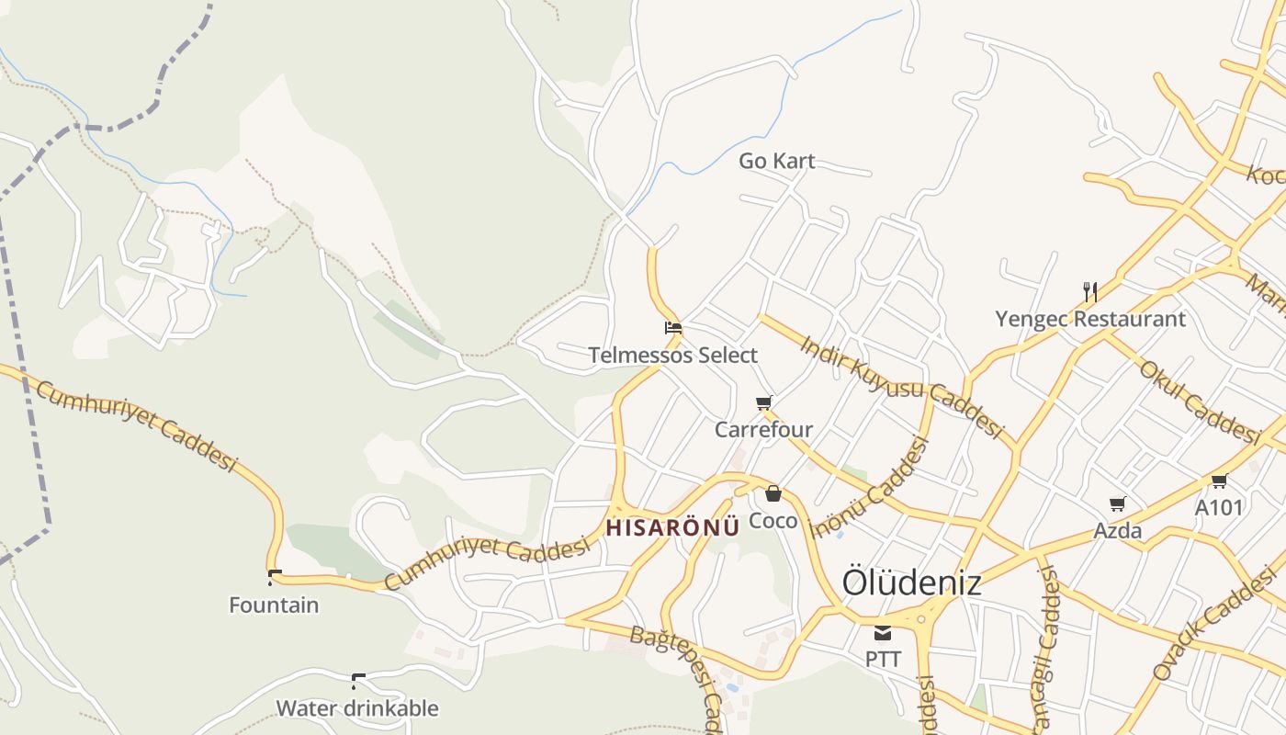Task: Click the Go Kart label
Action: (x=776, y=161)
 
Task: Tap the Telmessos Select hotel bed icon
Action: (x=673, y=327)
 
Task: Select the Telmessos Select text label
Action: (x=673, y=355)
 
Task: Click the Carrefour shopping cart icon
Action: (x=763, y=402)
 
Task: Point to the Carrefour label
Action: (x=763, y=429)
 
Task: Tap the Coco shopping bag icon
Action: (x=773, y=493)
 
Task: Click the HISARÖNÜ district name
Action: (x=672, y=527)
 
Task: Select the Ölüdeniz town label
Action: (x=911, y=582)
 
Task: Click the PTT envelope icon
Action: (x=883, y=632)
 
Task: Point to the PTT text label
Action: (x=883, y=659)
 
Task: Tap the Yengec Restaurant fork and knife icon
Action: (x=1090, y=292)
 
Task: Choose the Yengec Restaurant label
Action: (x=1090, y=319)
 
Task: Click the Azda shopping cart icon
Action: (x=1118, y=503)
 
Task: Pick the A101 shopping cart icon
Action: (x=1219, y=481)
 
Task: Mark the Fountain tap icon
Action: (x=274, y=578)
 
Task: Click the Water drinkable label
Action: (x=357, y=708)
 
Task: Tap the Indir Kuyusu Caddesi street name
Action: (x=901, y=387)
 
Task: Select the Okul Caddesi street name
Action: (x=1198, y=401)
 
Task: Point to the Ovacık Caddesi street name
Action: (x=1214, y=625)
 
